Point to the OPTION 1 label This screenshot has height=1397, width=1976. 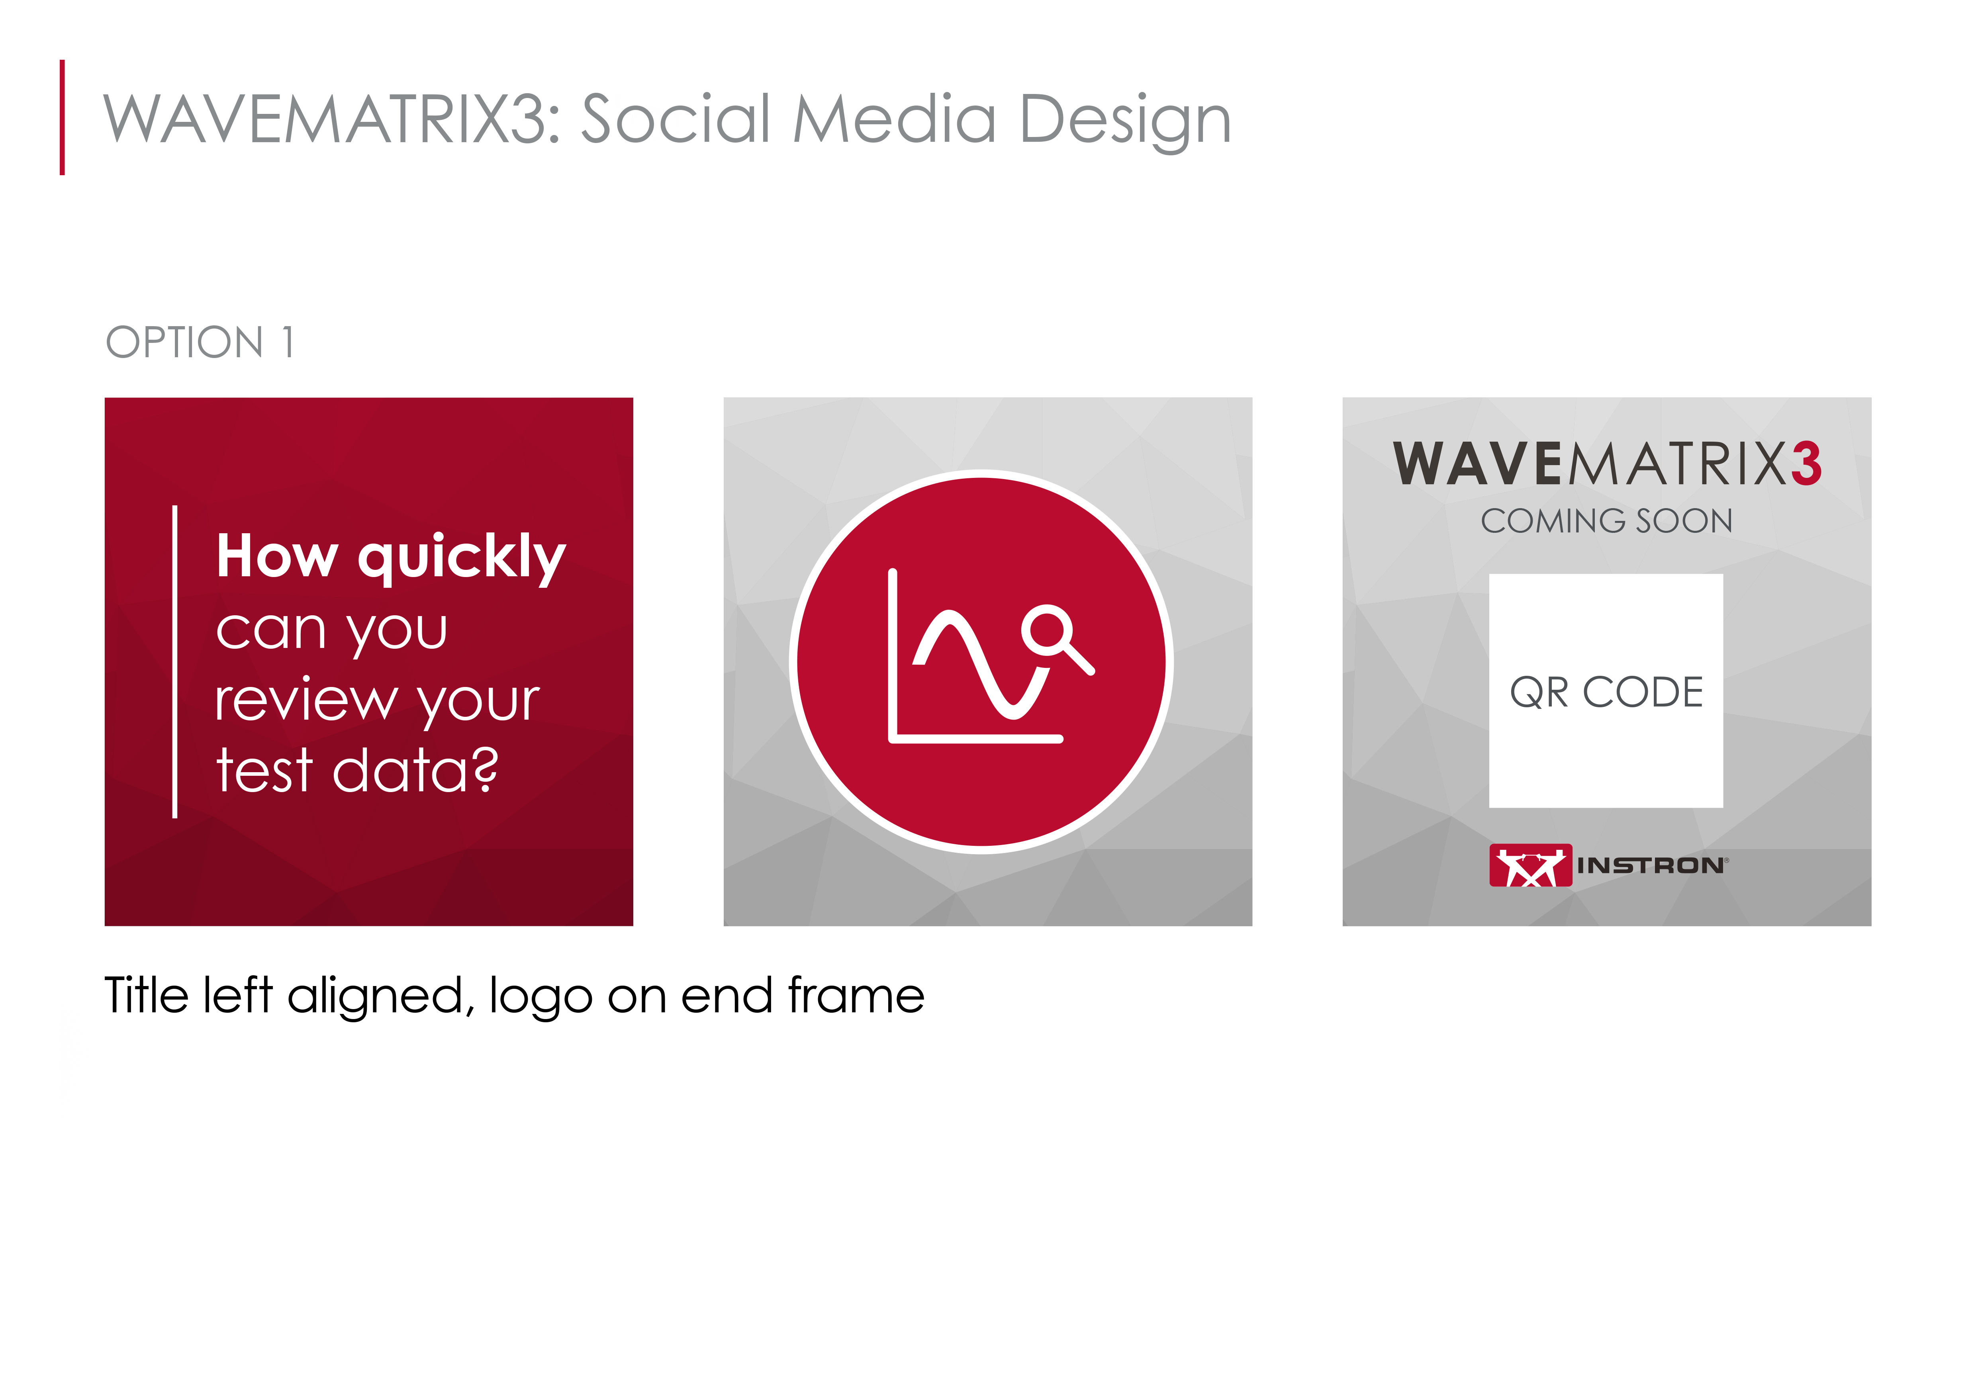pos(200,342)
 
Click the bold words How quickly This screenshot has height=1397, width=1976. pos(391,558)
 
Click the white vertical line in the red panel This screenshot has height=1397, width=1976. pos(175,661)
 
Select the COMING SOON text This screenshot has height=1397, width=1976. pos(1606,521)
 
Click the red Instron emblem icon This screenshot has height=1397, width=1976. pos(1530,865)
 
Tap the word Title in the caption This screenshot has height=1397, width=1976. pos(146,995)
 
